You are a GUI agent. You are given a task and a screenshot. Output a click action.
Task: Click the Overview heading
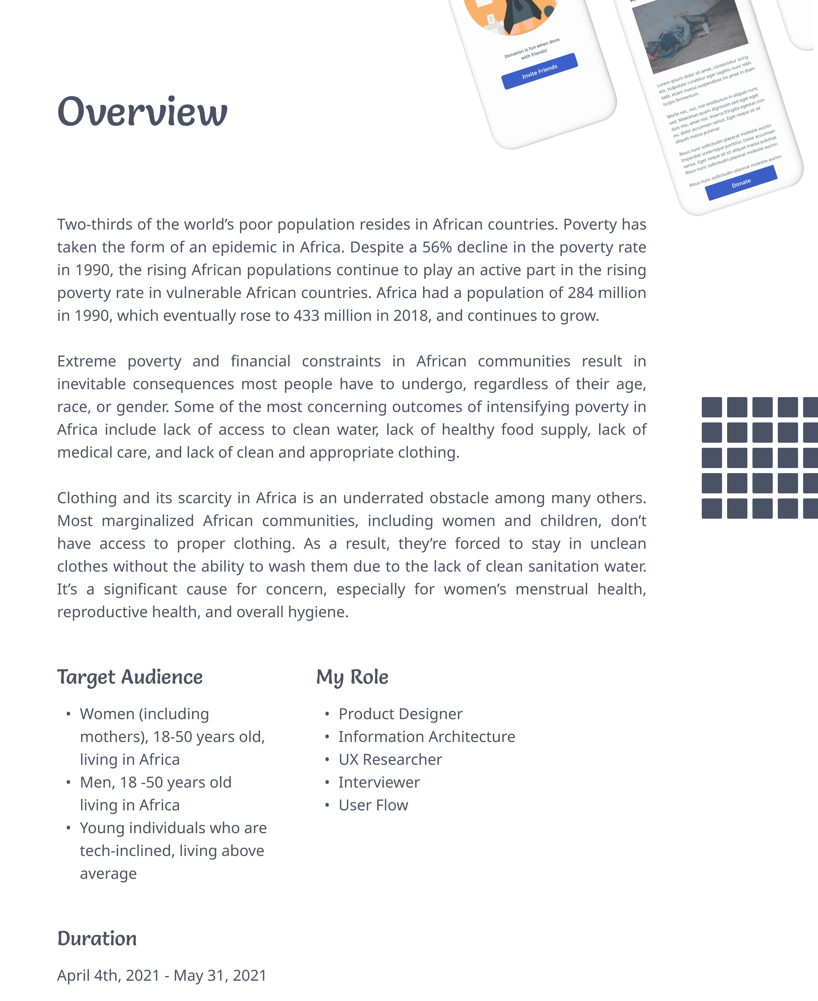pos(142,112)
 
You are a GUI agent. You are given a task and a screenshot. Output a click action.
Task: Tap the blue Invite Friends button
pos(540,71)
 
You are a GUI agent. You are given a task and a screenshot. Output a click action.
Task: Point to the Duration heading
pos(97,938)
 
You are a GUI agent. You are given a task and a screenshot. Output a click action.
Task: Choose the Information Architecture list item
pos(427,737)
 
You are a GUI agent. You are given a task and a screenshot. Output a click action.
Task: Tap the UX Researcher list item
pos(390,760)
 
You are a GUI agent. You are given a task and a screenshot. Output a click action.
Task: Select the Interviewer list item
pos(379,782)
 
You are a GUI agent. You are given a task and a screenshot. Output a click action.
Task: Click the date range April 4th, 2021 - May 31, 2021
pos(162,975)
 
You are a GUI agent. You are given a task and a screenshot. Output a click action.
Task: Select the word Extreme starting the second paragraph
pos(86,361)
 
